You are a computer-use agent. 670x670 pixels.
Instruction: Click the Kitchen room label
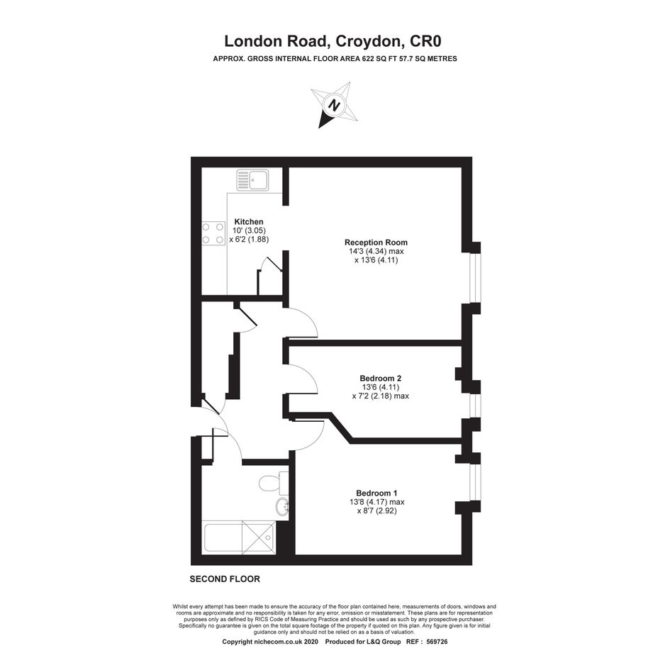(249, 222)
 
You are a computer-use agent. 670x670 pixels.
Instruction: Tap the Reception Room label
(376, 242)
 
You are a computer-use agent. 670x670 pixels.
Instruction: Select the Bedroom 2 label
(380, 378)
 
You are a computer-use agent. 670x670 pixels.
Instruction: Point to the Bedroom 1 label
(376, 493)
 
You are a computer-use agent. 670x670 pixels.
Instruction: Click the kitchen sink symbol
(252, 180)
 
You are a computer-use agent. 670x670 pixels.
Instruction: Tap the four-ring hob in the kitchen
(213, 233)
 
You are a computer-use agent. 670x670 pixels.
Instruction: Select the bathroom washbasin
(282, 508)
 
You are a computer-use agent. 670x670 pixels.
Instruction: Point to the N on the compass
(336, 105)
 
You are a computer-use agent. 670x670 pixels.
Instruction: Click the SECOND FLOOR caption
(225, 579)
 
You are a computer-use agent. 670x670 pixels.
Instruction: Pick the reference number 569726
(437, 642)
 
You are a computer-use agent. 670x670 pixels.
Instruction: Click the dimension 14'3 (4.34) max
(376, 251)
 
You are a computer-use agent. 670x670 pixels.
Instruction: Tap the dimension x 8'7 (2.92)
(377, 510)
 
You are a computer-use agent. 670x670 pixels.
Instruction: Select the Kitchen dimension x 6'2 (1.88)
(249, 240)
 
